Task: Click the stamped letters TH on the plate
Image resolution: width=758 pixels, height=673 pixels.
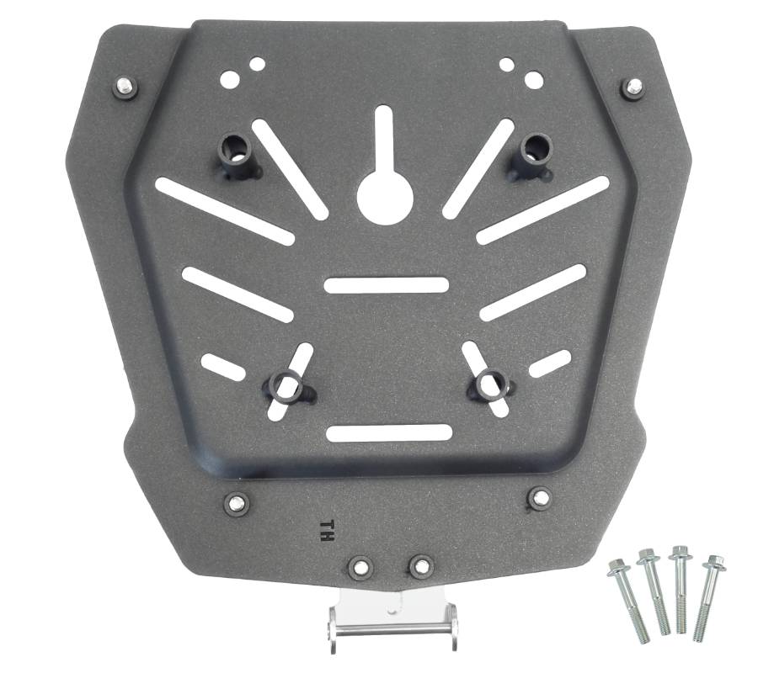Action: (326, 531)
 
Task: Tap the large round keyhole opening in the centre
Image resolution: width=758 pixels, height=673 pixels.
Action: (385, 197)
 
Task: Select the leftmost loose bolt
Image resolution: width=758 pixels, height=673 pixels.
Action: (627, 601)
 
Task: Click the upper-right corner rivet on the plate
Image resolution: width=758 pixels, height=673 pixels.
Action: (633, 87)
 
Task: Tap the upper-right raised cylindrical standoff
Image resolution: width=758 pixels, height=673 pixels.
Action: (531, 156)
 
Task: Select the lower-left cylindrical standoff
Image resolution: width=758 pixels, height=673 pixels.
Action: (289, 384)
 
